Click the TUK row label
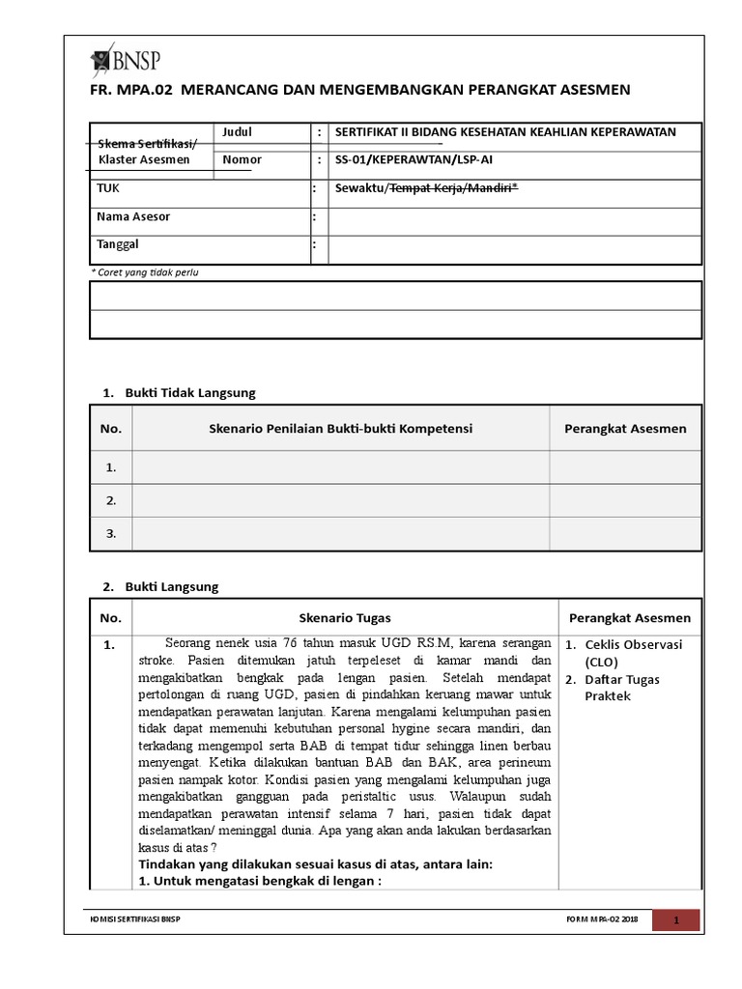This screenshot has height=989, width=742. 108,188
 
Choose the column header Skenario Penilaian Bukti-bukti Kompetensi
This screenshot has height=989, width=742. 340,429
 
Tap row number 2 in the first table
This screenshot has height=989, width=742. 111,500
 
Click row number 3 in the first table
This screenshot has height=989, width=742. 111,533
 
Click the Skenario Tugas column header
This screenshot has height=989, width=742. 345,618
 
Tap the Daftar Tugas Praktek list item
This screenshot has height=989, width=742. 622,688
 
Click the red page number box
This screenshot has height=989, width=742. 676,920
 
